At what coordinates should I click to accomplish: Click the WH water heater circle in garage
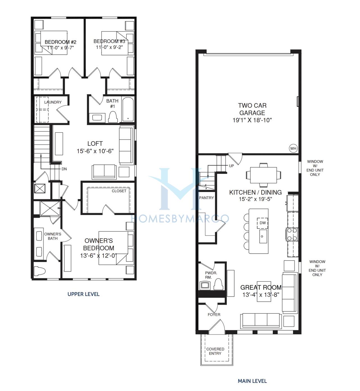[293, 148]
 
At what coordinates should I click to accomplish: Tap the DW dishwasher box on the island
[262, 223]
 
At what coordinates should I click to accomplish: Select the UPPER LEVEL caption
[84, 294]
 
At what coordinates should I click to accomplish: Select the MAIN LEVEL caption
[252, 381]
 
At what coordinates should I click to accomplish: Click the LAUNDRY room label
[53, 102]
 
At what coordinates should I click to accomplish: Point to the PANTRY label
[206, 198]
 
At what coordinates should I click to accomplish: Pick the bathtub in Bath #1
[128, 109]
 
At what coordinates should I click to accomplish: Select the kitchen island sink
[263, 236]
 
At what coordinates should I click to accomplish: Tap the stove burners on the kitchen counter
[292, 234]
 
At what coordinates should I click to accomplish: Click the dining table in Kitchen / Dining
[264, 175]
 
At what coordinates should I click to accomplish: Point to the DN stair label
[64, 169]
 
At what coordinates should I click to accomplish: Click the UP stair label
[231, 166]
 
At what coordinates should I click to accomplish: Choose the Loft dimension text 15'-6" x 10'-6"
[95, 151]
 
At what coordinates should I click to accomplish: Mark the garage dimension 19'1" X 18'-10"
[252, 120]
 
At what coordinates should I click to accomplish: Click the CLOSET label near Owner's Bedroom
[119, 191]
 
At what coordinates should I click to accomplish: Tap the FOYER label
[214, 315]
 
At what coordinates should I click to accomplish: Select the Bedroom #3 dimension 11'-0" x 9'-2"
[109, 47]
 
